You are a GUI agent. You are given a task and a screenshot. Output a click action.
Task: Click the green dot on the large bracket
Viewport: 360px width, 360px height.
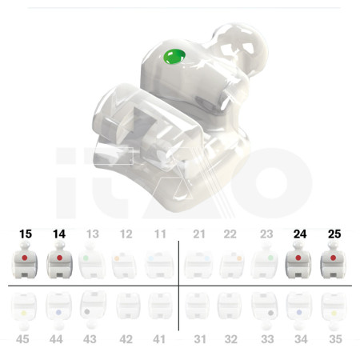coord(174,57)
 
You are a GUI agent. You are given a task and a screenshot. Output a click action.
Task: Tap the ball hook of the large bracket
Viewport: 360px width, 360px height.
coord(242,46)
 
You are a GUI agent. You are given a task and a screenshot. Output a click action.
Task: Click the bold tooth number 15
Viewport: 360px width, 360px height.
coord(26,234)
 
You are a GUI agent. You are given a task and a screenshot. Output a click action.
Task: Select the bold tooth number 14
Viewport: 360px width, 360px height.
coord(59,234)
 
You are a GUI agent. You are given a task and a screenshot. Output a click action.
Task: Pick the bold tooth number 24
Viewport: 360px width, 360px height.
coord(300,234)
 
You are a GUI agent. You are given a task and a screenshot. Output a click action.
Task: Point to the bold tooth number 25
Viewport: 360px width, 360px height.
coord(334,234)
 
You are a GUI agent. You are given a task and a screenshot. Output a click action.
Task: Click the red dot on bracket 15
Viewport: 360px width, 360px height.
coord(25,258)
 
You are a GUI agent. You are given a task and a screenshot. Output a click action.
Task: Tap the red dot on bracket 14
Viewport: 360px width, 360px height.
coord(59,258)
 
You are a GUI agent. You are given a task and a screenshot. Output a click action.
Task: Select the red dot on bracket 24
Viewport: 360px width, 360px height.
coord(298,258)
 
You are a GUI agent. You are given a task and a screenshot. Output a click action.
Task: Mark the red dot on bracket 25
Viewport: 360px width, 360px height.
coord(333,258)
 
